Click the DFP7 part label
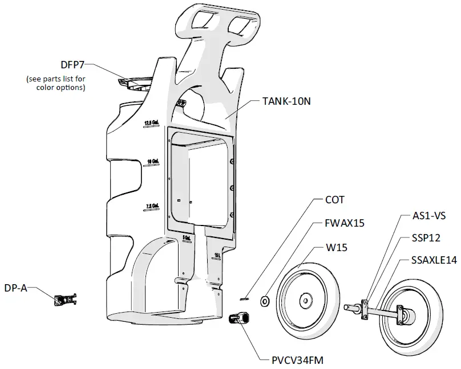pos(73,64)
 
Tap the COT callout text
pos(335,200)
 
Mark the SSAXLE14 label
pos(434,260)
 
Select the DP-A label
pos(16,289)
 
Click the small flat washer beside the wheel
pos(265,300)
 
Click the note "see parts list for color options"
pos(56,83)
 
